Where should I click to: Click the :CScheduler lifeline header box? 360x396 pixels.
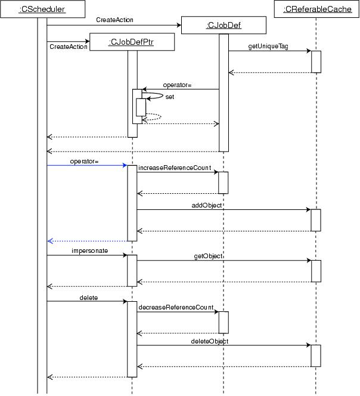[42, 10]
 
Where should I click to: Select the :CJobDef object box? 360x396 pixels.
[222, 25]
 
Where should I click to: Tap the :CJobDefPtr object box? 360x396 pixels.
[132, 42]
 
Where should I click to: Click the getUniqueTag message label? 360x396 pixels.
[268, 47]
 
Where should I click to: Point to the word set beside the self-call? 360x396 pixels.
[170, 97]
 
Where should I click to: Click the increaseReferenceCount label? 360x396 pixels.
[175, 169]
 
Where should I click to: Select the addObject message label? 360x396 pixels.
[207, 205]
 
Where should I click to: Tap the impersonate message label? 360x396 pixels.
[90, 251]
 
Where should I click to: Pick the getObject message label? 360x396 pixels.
[209, 256]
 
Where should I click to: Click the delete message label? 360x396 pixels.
[88, 297]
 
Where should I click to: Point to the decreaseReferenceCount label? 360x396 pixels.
[176, 307]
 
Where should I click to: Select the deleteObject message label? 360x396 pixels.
[210, 341]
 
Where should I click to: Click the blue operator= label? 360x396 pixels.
[83, 161]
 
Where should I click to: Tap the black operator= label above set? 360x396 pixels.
[177, 85]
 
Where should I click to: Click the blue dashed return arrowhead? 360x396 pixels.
[50, 241]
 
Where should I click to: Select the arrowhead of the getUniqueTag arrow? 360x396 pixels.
[308, 51]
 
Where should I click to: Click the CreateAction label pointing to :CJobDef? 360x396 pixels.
[114, 20]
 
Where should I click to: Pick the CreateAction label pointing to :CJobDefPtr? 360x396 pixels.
[69, 47]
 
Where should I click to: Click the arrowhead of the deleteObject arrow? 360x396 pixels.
[308, 345]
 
